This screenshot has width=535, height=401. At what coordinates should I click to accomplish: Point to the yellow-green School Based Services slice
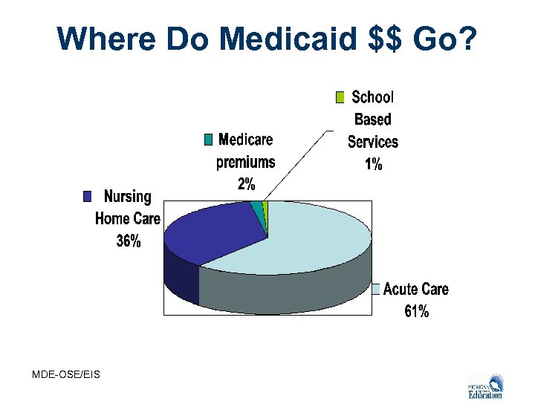pos(265,206)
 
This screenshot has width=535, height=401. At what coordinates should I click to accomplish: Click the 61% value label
pos(416,311)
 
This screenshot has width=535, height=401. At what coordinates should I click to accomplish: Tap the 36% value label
pos(129,241)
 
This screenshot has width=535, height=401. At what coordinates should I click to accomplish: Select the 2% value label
pos(246,184)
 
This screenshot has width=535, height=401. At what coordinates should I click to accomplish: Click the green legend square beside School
pos(340,97)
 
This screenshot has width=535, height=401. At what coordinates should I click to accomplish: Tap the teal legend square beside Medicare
pos(208,140)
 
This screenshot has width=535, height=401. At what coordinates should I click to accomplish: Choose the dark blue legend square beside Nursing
pos(88,196)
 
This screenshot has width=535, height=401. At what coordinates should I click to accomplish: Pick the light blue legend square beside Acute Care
pos(376,289)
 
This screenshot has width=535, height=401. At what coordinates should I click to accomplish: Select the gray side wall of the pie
pos(282,293)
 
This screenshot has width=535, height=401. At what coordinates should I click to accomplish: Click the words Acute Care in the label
pos(416,289)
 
